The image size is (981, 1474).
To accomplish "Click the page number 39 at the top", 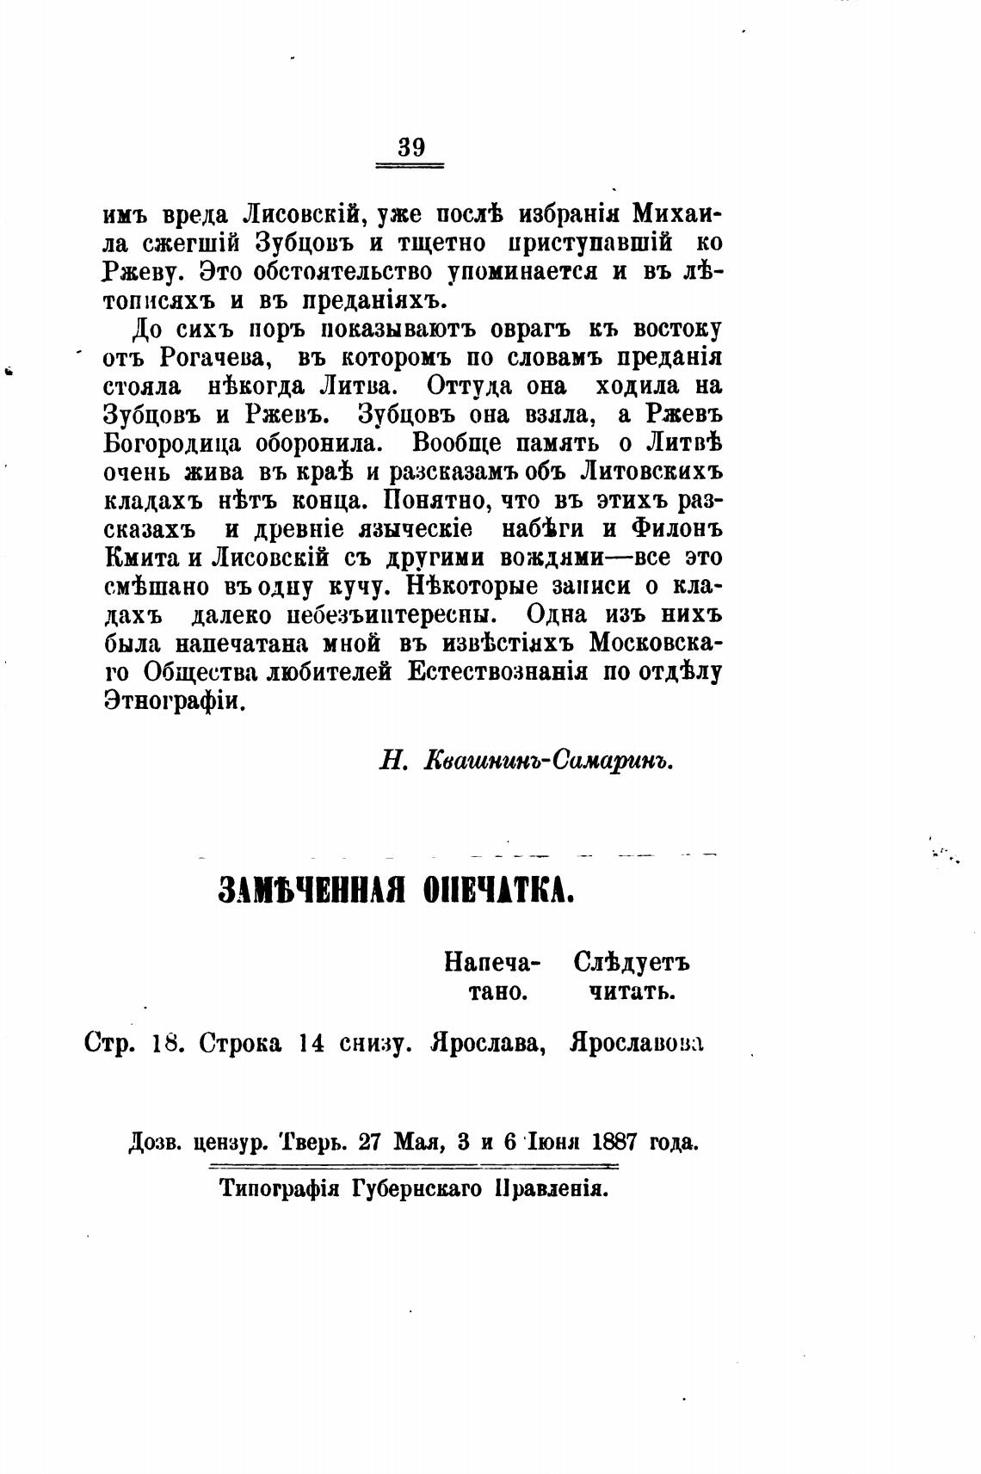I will pyautogui.click(x=411, y=147).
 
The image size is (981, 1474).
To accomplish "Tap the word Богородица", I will pyautogui.click(x=165, y=444).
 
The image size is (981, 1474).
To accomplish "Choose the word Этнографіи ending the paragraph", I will pyautogui.click(x=175, y=700).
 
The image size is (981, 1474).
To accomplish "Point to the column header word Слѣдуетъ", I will pyautogui.click(x=631, y=963).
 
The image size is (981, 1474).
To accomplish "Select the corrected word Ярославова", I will pyautogui.click(x=636, y=1043).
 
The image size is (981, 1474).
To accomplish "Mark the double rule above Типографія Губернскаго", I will pyautogui.click(x=414, y=1166).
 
